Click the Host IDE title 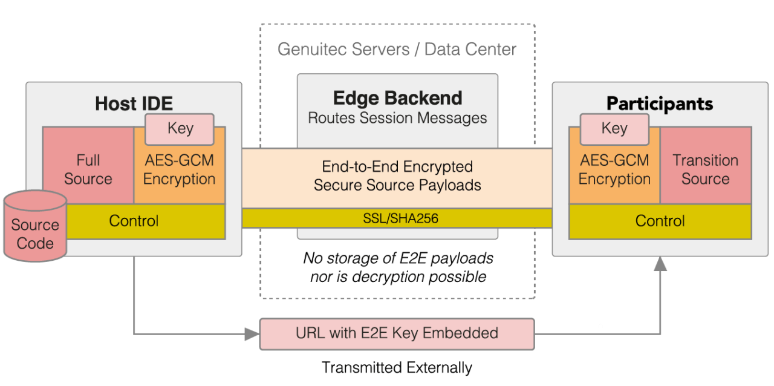point(134,103)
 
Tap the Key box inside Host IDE point(180,129)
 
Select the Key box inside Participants point(614,129)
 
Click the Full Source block point(88,169)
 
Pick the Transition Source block point(705,169)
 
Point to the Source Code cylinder point(35,227)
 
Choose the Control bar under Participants point(660,221)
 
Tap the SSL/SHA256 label point(397,218)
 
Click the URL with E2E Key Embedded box point(397,333)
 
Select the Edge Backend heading point(397,98)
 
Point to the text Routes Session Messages point(397,118)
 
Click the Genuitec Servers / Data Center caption point(397,49)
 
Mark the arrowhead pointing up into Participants point(660,263)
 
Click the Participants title point(660,103)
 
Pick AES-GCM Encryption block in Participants point(614,172)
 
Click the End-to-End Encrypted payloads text point(397,175)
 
